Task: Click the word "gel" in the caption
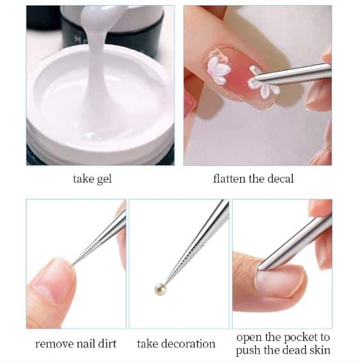104,179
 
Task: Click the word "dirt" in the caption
107,344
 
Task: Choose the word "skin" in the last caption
320,350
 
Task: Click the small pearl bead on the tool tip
160,289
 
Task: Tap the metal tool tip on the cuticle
262,266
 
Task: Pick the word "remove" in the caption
51,344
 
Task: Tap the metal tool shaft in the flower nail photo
292,74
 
